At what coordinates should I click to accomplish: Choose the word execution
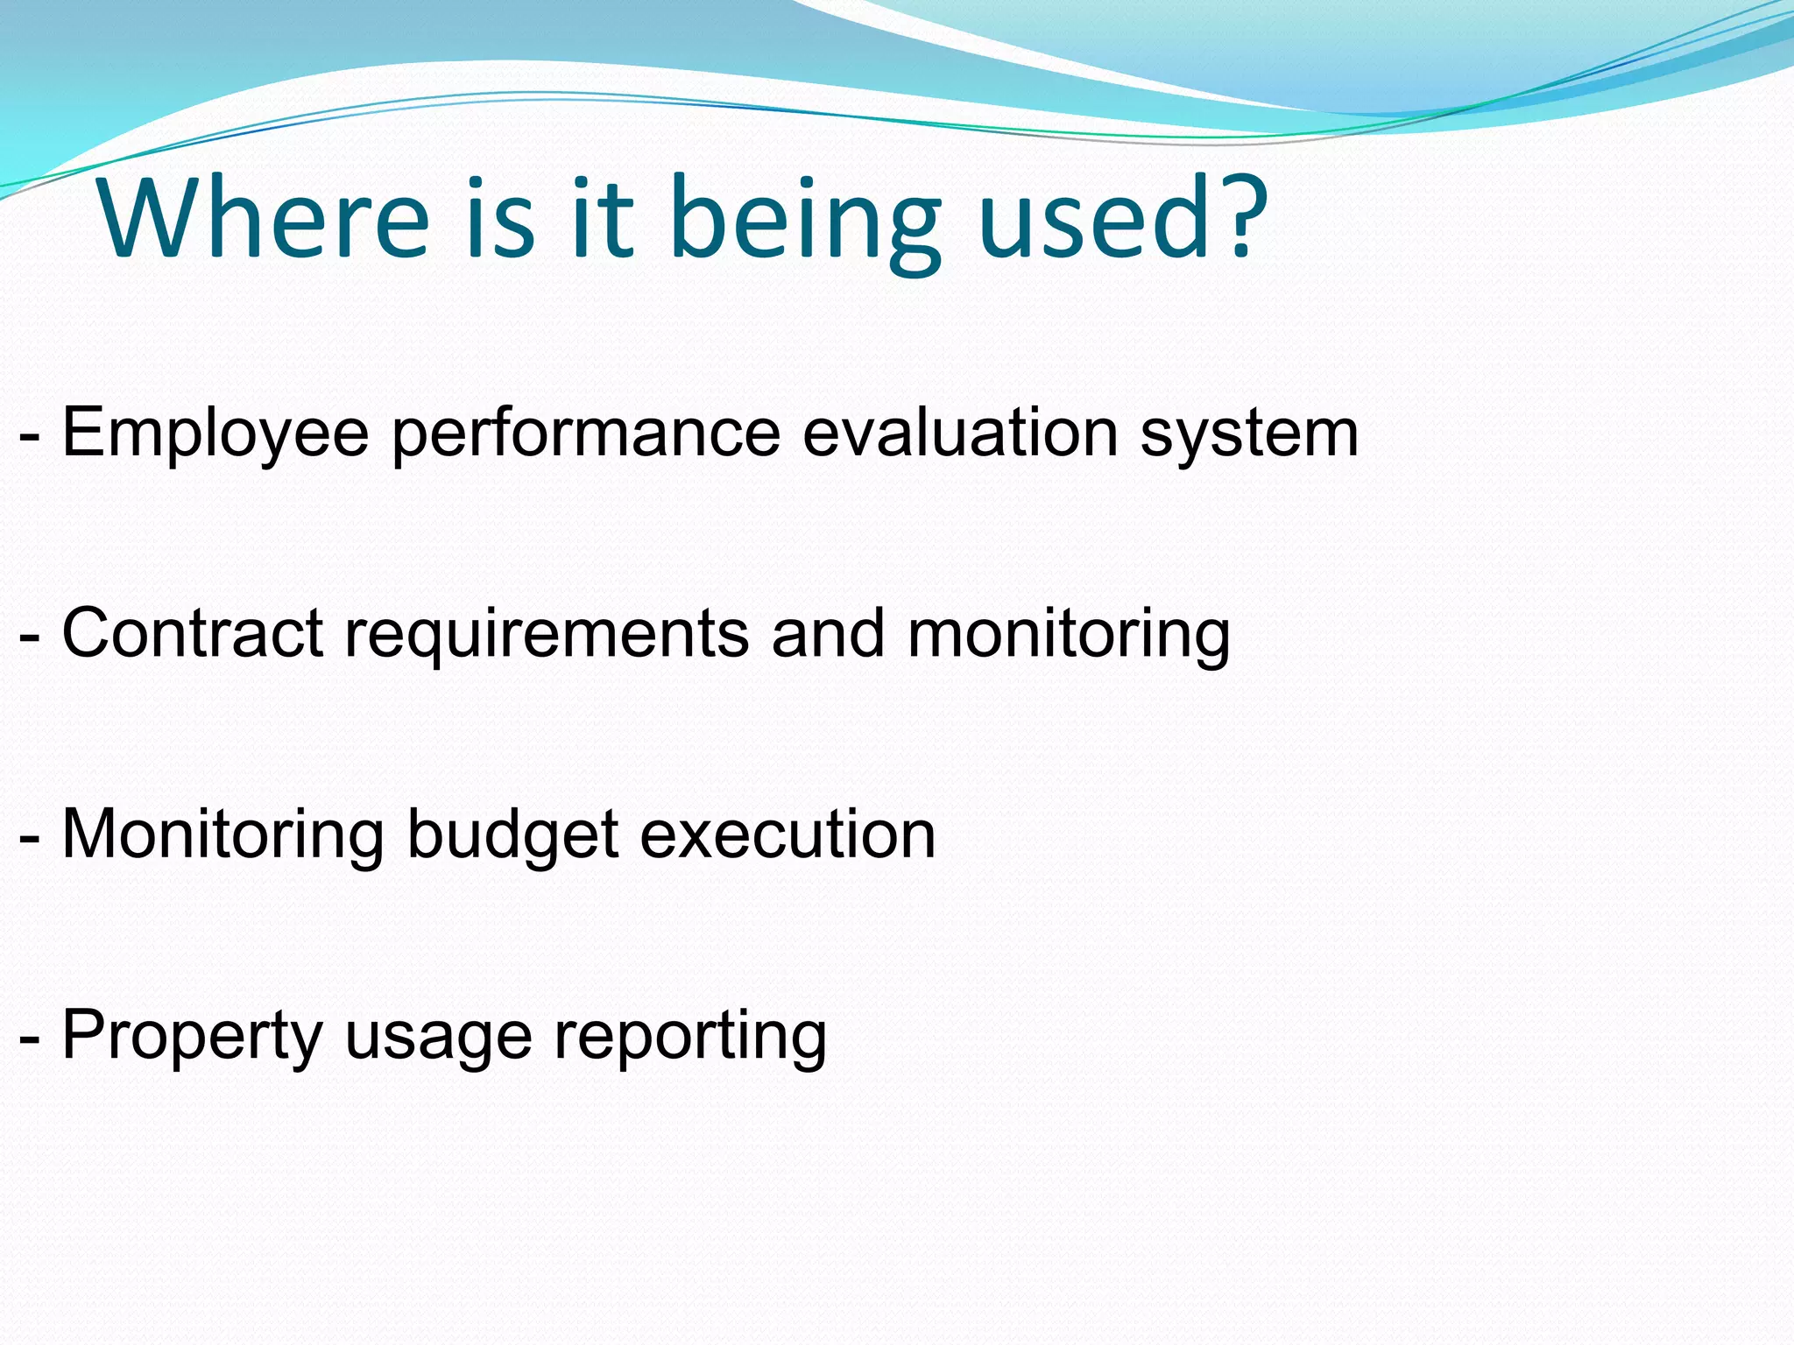(788, 834)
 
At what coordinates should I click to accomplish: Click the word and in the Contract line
(828, 632)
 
